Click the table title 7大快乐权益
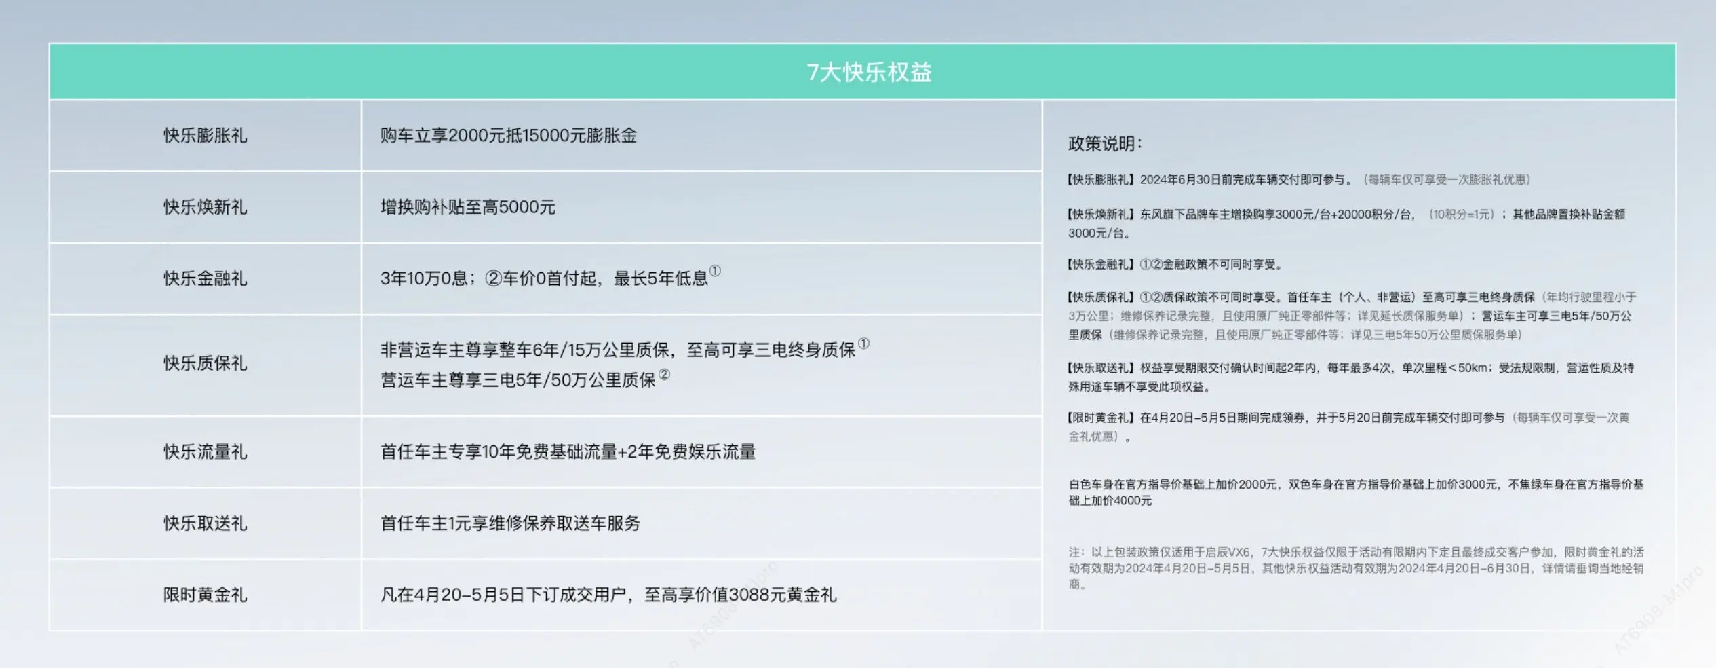point(869,72)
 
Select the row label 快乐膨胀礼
point(205,136)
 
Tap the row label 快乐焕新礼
point(205,207)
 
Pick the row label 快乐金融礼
point(205,278)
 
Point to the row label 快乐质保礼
point(205,363)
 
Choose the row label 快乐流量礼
point(205,451)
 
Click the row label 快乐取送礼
point(205,523)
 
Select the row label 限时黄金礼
point(205,595)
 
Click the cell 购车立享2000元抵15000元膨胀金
point(509,136)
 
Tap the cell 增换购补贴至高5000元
point(468,207)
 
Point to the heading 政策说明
point(1105,144)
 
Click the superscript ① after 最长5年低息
point(715,272)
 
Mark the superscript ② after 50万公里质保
point(665,374)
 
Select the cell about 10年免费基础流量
point(568,451)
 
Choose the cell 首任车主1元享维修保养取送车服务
point(511,523)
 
